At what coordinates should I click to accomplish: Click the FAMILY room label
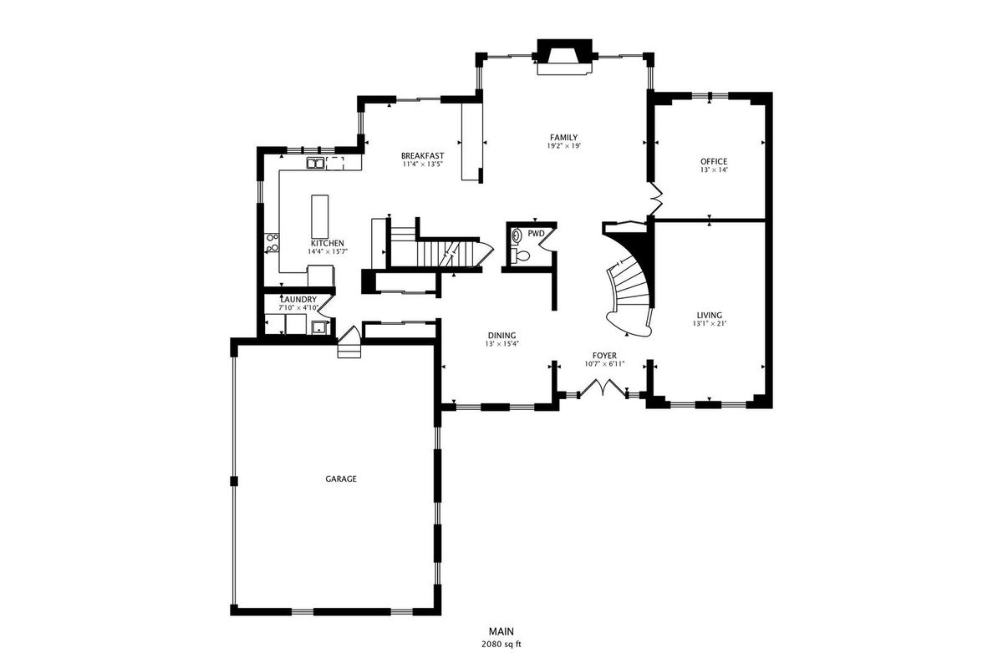563,138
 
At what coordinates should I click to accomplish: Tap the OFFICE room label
714,161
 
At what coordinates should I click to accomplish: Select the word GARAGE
341,478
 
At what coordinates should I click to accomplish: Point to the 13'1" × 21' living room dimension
710,323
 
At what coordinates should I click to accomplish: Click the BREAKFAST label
422,155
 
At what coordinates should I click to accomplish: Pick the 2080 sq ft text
501,645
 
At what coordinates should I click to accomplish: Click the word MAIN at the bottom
501,632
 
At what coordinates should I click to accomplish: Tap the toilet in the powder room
521,256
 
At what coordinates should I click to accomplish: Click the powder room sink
517,235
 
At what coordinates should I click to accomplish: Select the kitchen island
319,216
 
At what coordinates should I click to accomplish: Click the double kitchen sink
316,164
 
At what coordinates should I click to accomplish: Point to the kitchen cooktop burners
272,242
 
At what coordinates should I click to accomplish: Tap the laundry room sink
319,327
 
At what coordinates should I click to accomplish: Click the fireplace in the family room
565,58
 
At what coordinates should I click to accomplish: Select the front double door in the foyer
603,387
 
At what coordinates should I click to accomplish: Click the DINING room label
501,336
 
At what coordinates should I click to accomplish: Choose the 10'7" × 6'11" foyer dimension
604,364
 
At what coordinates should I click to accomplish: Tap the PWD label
536,234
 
